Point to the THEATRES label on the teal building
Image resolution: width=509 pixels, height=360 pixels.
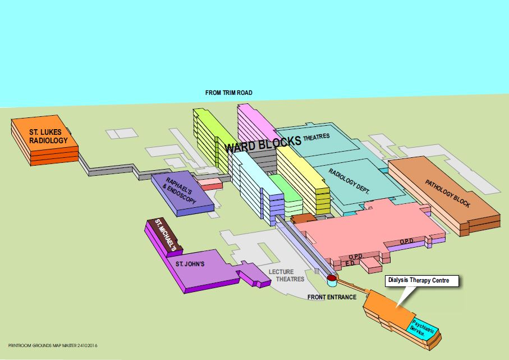coord(317,137)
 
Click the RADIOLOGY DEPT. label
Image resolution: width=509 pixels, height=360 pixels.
coord(349,181)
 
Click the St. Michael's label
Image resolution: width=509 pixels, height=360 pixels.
coord(166,234)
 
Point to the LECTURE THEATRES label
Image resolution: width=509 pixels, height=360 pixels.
coord(286,276)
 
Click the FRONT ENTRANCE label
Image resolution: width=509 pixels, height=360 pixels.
coord(332,297)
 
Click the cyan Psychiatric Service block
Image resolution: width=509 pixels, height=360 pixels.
coord(424,328)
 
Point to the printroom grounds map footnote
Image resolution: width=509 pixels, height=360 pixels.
coord(56,346)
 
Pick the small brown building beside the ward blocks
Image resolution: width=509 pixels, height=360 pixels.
coord(304,218)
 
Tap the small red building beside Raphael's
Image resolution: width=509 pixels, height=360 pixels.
coord(212,183)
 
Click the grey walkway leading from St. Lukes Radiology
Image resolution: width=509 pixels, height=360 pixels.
coord(112,168)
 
